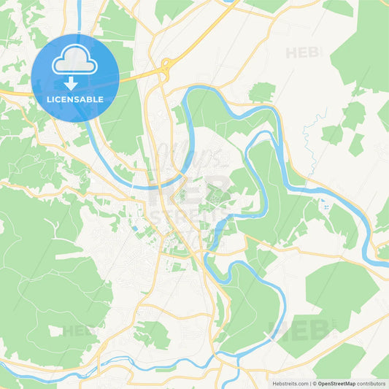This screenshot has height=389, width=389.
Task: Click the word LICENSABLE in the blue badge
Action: click(75, 99)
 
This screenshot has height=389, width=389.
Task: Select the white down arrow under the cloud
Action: click(71, 82)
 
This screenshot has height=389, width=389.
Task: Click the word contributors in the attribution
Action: click(371, 382)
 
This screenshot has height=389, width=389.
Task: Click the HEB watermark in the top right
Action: click(303, 53)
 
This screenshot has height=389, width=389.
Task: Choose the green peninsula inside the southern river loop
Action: click(252, 307)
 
